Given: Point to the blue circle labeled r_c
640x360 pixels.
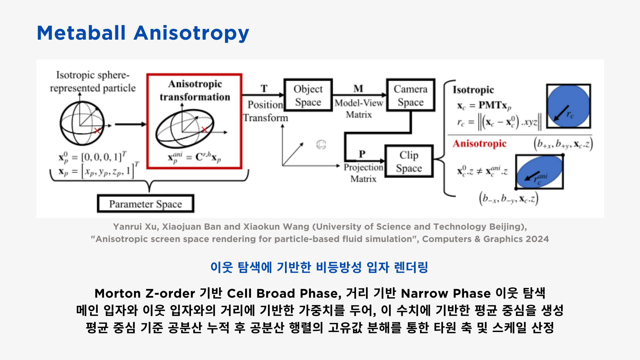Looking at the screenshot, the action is point(569,106).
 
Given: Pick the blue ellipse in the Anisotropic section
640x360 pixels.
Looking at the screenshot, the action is point(539,172).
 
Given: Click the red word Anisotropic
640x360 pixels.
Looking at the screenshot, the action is point(479,143).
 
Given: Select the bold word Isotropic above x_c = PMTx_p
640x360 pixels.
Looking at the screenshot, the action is point(473,90).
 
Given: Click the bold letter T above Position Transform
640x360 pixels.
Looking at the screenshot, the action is point(264,88).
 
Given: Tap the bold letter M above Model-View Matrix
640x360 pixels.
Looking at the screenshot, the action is point(358,88).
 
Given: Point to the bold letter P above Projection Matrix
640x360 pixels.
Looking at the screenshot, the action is point(362,154).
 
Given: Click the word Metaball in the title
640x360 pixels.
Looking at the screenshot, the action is point(81,33).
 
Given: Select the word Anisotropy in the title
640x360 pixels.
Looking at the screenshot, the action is point(191,34).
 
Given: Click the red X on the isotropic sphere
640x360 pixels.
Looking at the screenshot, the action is point(97,130).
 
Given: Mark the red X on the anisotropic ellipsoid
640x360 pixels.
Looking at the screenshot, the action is point(205,129).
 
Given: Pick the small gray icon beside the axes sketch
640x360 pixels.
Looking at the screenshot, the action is point(321,144).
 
